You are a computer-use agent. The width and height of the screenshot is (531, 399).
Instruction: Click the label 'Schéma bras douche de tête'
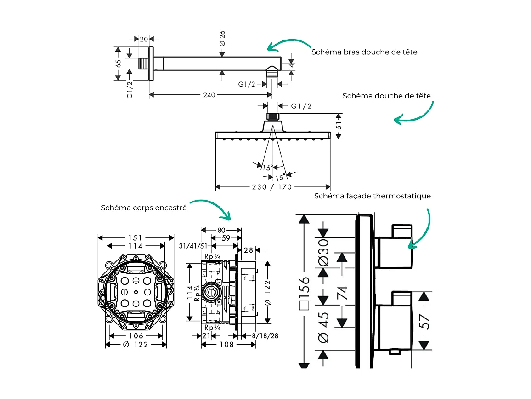pyautogui.click(x=364, y=52)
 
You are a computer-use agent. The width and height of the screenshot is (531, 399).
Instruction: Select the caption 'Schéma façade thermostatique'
pyautogui.click(x=373, y=196)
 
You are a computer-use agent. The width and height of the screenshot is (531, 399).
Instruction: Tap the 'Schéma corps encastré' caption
pyautogui.click(x=144, y=208)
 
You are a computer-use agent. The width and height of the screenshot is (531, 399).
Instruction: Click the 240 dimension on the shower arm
pyautogui.click(x=209, y=95)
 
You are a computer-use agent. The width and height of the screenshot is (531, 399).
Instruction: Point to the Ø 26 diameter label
pyautogui.click(x=222, y=38)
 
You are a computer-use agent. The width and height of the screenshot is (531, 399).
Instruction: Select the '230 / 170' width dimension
pyautogui.click(x=272, y=187)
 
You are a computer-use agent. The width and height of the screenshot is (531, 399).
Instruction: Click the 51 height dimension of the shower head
pyautogui.click(x=339, y=126)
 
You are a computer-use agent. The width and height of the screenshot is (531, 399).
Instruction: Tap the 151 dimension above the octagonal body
pyautogui.click(x=135, y=238)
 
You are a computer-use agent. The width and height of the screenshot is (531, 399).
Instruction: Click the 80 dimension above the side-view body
pyautogui.click(x=221, y=230)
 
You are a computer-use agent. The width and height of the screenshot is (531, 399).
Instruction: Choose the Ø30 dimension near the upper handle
pyautogui.click(x=324, y=252)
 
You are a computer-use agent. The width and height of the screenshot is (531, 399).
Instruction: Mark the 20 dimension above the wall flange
pyautogui.click(x=144, y=39)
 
